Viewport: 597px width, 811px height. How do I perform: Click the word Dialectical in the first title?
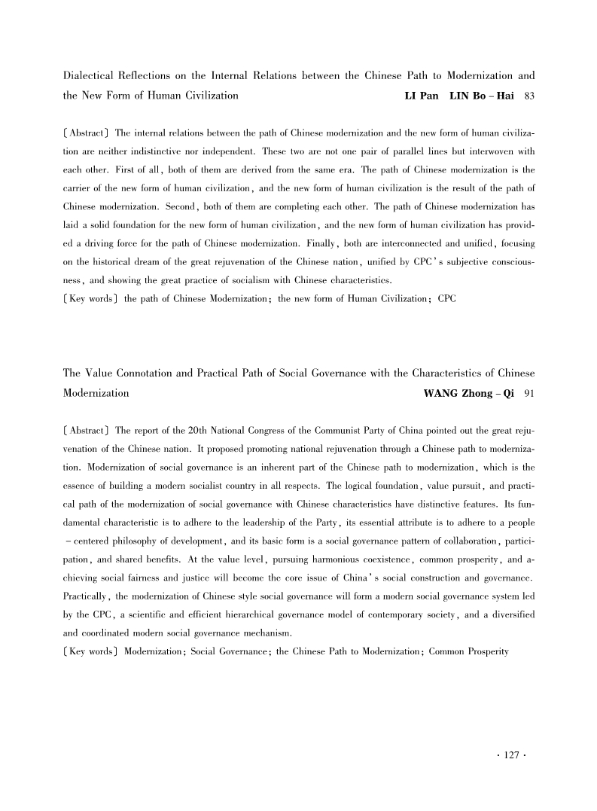87,76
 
